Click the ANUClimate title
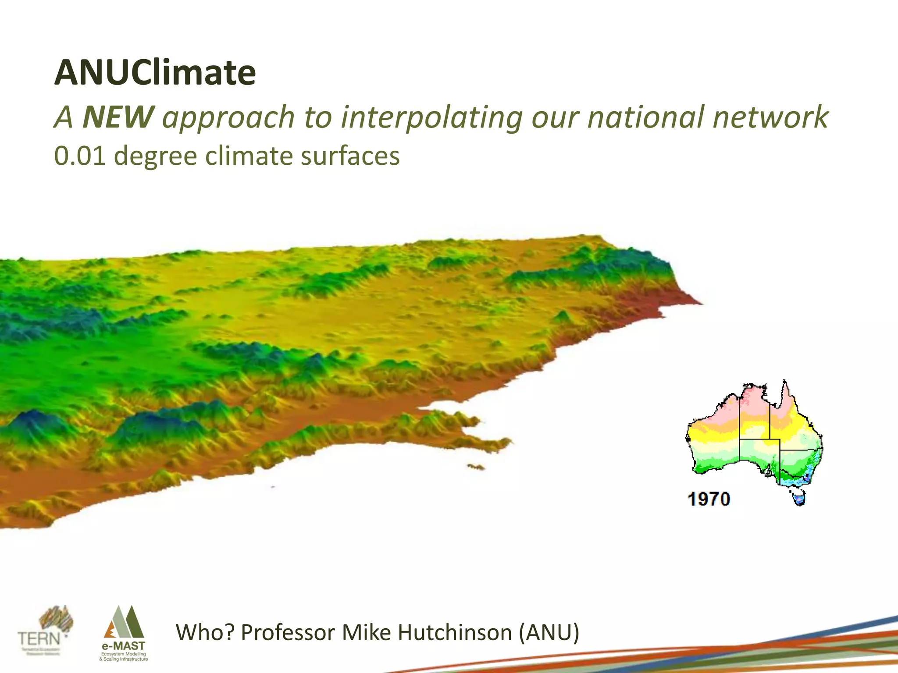click(x=155, y=73)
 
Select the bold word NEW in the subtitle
click(x=118, y=117)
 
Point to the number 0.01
click(x=80, y=156)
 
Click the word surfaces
click(x=350, y=156)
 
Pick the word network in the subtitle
click(x=770, y=117)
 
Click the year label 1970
click(x=709, y=499)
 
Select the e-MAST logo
click(x=124, y=634)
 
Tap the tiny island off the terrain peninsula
click(x=476, y=467)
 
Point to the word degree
click(x=155, y=156)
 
